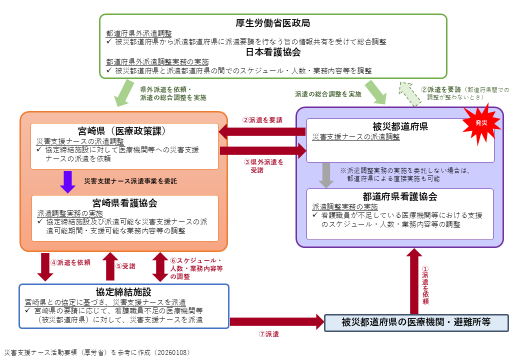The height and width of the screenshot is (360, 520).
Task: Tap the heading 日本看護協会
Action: (x=273, y=51)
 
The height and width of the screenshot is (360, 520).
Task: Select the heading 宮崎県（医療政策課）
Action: (x=125, y=131)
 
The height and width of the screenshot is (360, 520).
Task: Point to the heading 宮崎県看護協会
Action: (x=125, y=202)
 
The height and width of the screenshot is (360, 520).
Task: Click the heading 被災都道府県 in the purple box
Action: (x=400, y=126)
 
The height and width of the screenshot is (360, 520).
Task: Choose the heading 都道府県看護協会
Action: (x=400, y=196)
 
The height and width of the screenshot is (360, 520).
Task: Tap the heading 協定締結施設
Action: (x=123, y=292)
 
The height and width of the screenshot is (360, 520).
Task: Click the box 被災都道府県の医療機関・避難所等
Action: (x=416, y=322)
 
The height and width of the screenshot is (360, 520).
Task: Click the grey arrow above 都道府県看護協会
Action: (x=326, y=175)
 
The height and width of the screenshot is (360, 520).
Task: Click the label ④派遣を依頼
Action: (x=70, y=262)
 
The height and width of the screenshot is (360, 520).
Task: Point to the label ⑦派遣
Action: (x=268, y=334)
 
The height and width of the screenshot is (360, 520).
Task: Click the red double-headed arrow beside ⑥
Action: (x=160, y=267)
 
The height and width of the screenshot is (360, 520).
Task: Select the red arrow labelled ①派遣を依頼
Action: (x=413, y=280)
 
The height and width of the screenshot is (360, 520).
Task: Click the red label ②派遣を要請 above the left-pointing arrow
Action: (x=262, y=120)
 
